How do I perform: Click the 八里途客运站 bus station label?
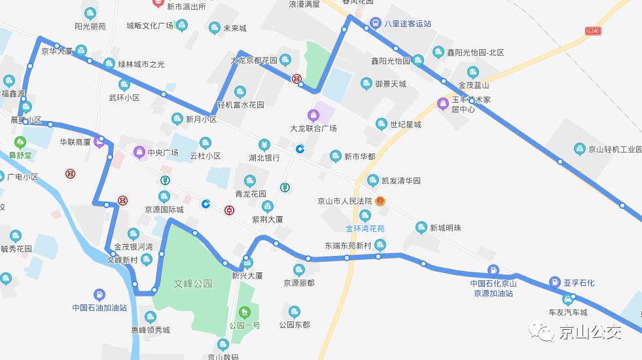[407, 24]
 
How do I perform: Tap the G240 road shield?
[593, 31]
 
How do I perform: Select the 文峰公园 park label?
[193, 284]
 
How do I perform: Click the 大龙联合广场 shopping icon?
[313, 115]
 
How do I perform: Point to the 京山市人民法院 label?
[344, 201]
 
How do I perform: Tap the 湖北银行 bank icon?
[264, 145]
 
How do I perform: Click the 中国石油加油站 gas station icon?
[99, 295]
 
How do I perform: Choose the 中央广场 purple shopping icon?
[139, 153]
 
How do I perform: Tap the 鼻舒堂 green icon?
[20, 141]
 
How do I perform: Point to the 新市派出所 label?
[186, 7]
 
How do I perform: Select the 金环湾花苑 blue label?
[365, 228]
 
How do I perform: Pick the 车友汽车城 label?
[567, 312]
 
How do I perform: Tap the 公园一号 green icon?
[244, 312]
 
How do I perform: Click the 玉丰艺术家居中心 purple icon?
[443, 103]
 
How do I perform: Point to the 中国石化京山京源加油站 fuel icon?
[493, 270]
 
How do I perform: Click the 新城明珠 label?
[445, 228]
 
